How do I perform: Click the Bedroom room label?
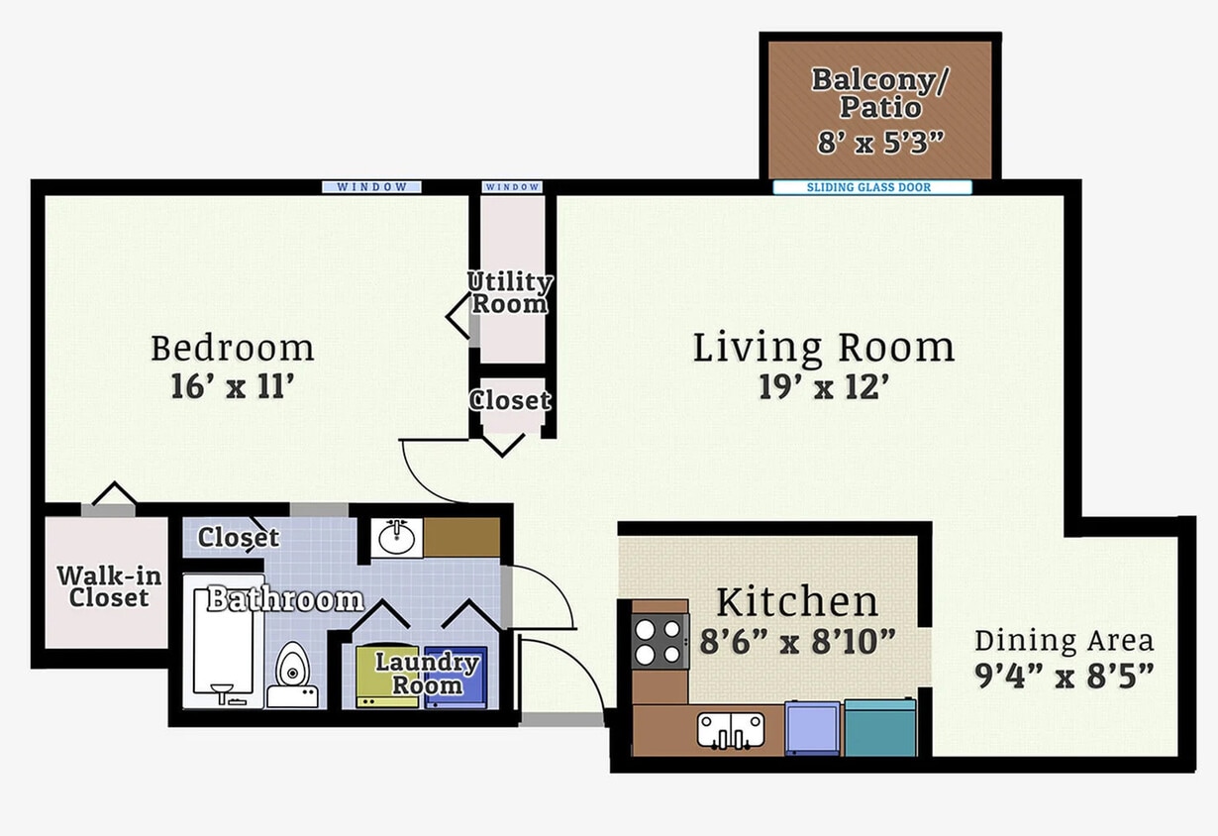232,349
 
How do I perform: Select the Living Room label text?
823,349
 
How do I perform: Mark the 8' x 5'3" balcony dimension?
879,143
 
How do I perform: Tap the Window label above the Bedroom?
371,187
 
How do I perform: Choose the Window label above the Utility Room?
512,187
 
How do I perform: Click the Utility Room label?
509,293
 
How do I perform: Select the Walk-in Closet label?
108,586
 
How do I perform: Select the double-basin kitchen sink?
730,730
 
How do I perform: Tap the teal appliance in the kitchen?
879,728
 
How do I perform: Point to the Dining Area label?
1064,640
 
